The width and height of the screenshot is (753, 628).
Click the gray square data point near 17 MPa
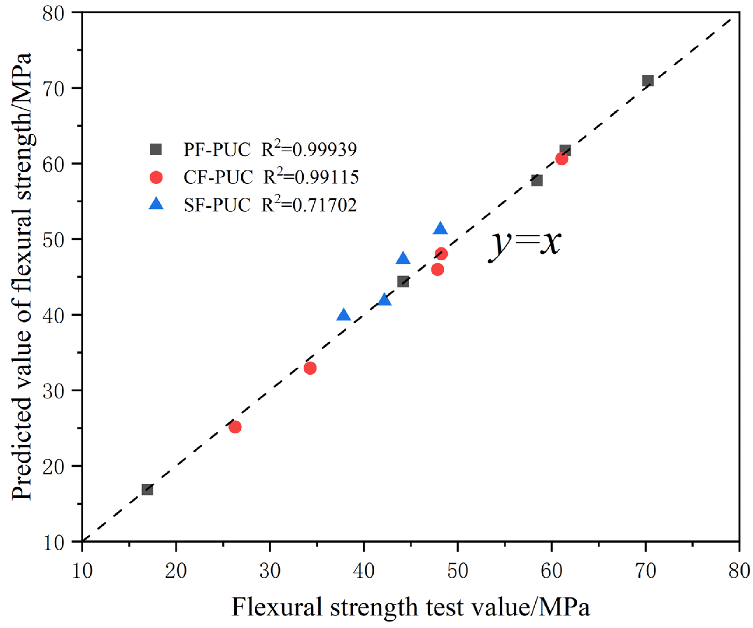point(147,489)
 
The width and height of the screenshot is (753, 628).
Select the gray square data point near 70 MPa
point(648,81)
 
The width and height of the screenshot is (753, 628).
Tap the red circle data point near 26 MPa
point(235,427)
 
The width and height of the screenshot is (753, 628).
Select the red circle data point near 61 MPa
point(561,158)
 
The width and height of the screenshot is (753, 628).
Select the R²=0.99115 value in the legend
point(311,177)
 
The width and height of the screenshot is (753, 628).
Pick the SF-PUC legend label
point(217,205)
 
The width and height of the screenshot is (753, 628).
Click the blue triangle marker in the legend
point(156,204)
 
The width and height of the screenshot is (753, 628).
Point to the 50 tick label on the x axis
point(458,571)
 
